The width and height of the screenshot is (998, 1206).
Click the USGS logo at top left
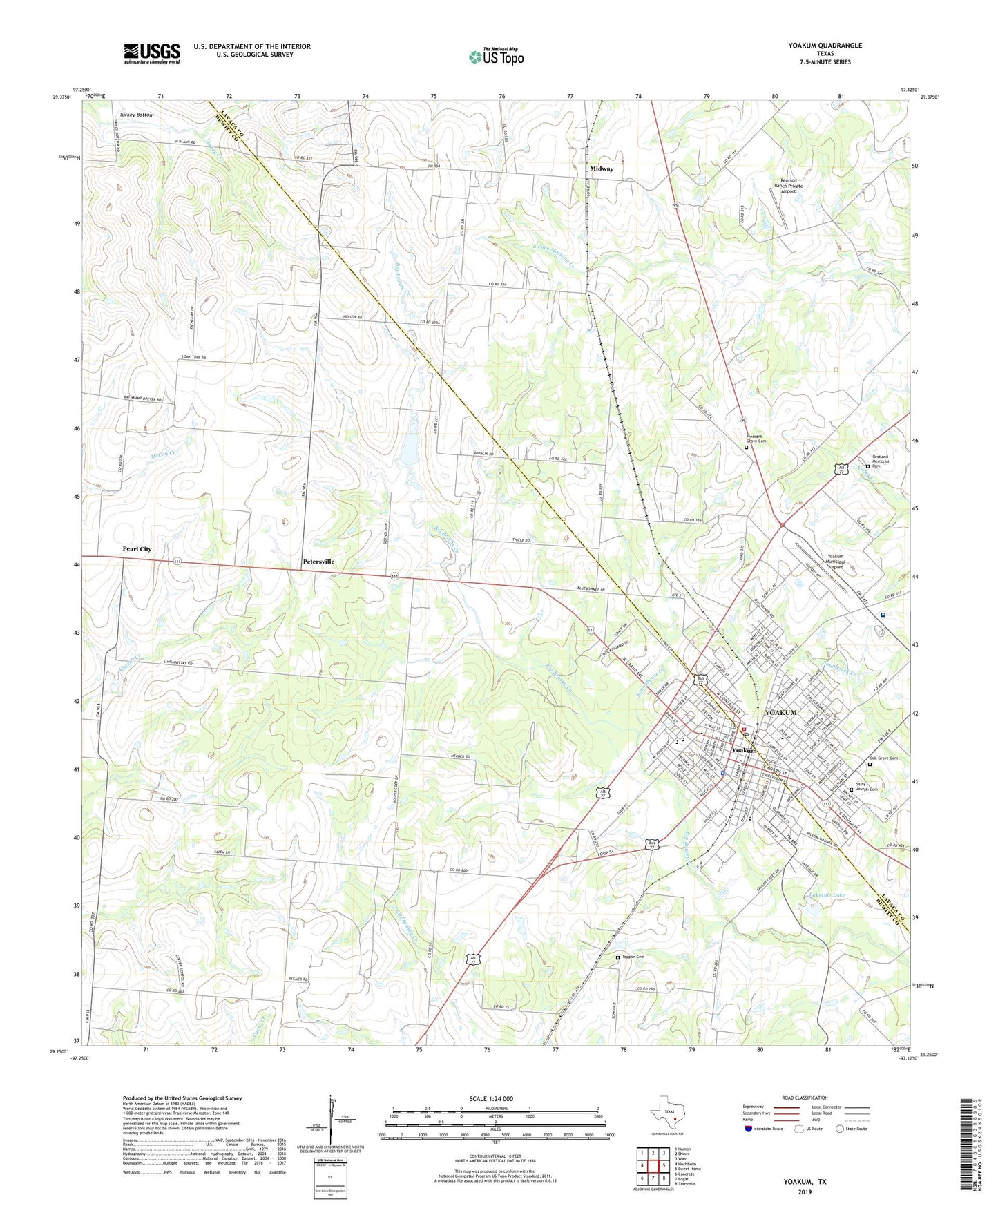click(x=152, y=52)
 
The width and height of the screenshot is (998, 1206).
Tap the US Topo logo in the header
click(x=496, y=57)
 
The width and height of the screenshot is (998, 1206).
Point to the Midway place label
click(x=602, y=169)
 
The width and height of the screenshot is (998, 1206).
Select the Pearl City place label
click(x=137, y=549)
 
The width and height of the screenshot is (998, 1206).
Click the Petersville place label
click(x=318, y=562)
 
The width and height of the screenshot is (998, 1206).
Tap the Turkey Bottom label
click(x=136, y=115)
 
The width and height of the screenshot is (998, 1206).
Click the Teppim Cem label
click(x=633, y=957)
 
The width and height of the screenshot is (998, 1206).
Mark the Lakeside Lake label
click(x=826, y=895)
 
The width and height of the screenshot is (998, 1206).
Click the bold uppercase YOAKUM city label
click(x=780, y=712)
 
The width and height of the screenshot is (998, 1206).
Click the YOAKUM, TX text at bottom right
click(x=805, y=1182)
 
